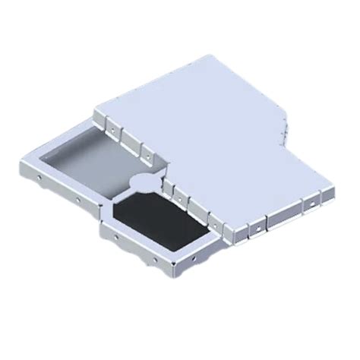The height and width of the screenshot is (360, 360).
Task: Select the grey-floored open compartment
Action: pyautogui.click(x=95, y=163)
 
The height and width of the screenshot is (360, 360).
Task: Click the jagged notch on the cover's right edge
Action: pyautogui.click(x=283, y=125)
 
